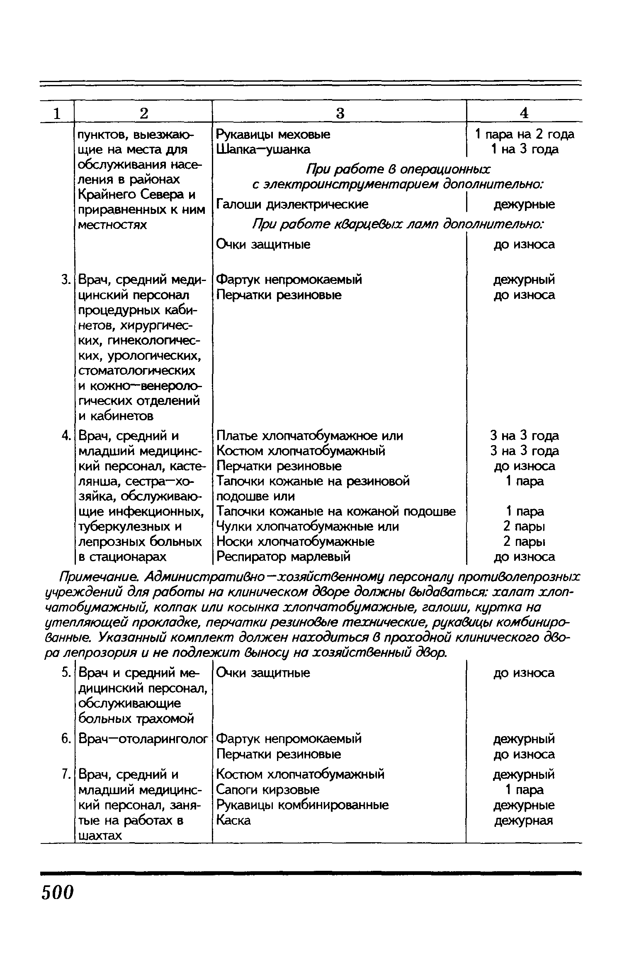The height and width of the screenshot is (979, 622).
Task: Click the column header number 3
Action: coord(340,113)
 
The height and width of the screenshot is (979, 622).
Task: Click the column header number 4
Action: coord(524,113)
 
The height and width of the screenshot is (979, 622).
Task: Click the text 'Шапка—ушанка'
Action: coord(263,149)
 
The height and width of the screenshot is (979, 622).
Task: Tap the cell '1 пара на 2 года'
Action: coord(525,134)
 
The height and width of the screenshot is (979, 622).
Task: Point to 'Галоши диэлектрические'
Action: coord(292,204)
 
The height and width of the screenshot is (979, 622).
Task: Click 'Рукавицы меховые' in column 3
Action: coord(273,134)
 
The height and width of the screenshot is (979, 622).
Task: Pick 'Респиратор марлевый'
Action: coord(284,556)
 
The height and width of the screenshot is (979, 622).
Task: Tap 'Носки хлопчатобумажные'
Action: coord(295,541)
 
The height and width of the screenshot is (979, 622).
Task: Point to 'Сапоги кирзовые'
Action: coord(268,790)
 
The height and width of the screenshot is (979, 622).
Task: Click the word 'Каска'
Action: coord(234,820)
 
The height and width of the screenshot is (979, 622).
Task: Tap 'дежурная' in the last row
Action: coord(524,820)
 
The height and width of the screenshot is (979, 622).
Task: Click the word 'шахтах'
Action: coord(100,836)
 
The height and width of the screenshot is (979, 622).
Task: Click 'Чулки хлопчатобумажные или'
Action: coord(308,526)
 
